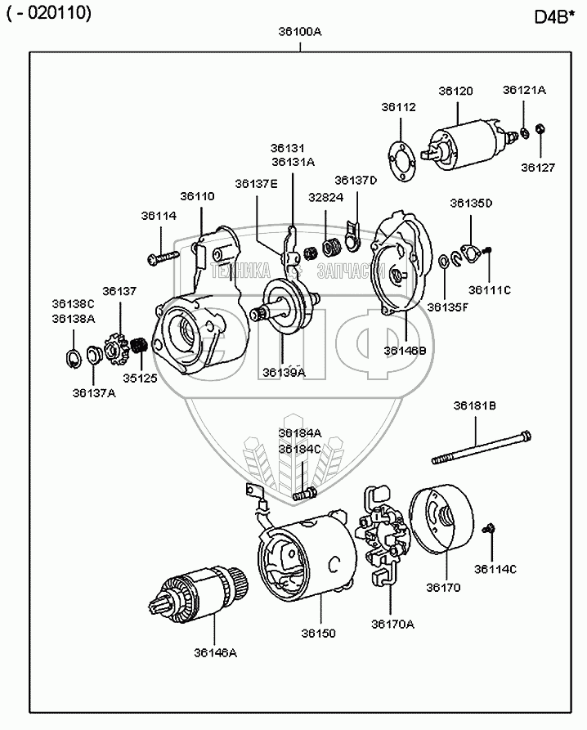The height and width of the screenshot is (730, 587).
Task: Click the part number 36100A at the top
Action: pyautogui.click(x=300, y=32)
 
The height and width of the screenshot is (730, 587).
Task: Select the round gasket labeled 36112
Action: pyautogui.click(x=400, y=159)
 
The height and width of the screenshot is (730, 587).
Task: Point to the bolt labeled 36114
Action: pyautogui.click(x=164, y=258)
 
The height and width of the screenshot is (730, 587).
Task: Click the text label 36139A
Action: pyautogui.click(x=284, y=373)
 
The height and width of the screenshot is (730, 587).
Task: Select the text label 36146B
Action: pyautogui.click(x=406, y=350)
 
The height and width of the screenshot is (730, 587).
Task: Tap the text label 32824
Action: pyautogui.click(x=326, y=196)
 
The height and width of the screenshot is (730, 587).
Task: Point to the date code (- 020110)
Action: pyautogui.click(x=49, y=13)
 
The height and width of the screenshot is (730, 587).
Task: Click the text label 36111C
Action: pyautogui.click(x=489, y=289)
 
